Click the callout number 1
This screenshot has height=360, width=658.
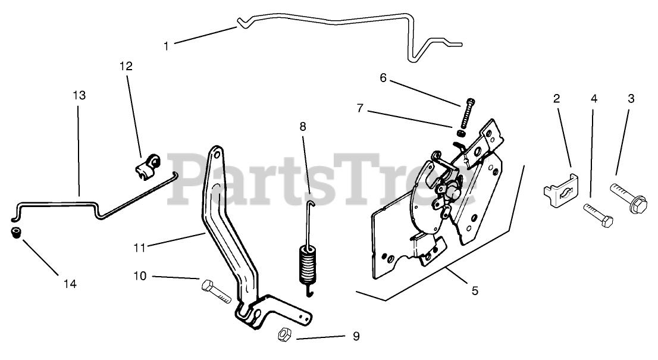click(x=167, y=45)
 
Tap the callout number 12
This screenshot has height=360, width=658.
click(x=126, y=66)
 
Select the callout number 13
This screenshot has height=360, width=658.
click(x=79, y=95)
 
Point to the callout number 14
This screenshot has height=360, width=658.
click(x=70, y=284)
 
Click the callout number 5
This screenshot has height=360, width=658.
click(x=475, y=291)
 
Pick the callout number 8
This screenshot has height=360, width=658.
click(x=303, y=126)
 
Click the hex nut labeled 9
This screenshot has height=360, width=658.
click(x=283, y=335)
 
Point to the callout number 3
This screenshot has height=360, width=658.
click(x=631, y=99)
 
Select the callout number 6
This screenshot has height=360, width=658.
click(x=383, y=78)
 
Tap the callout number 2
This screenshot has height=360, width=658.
click(x=557, y=99)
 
